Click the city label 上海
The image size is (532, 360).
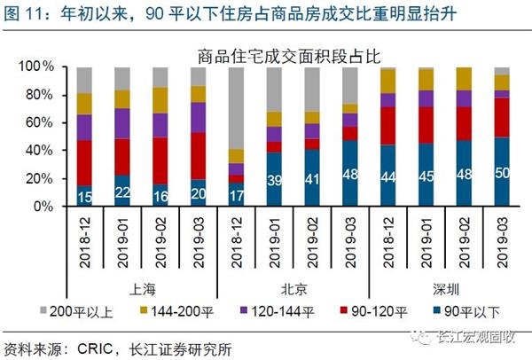click(142, 287)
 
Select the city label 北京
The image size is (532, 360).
click(293, 287)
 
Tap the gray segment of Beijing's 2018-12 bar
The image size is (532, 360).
click(236, 106)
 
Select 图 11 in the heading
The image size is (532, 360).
click(26, 12)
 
